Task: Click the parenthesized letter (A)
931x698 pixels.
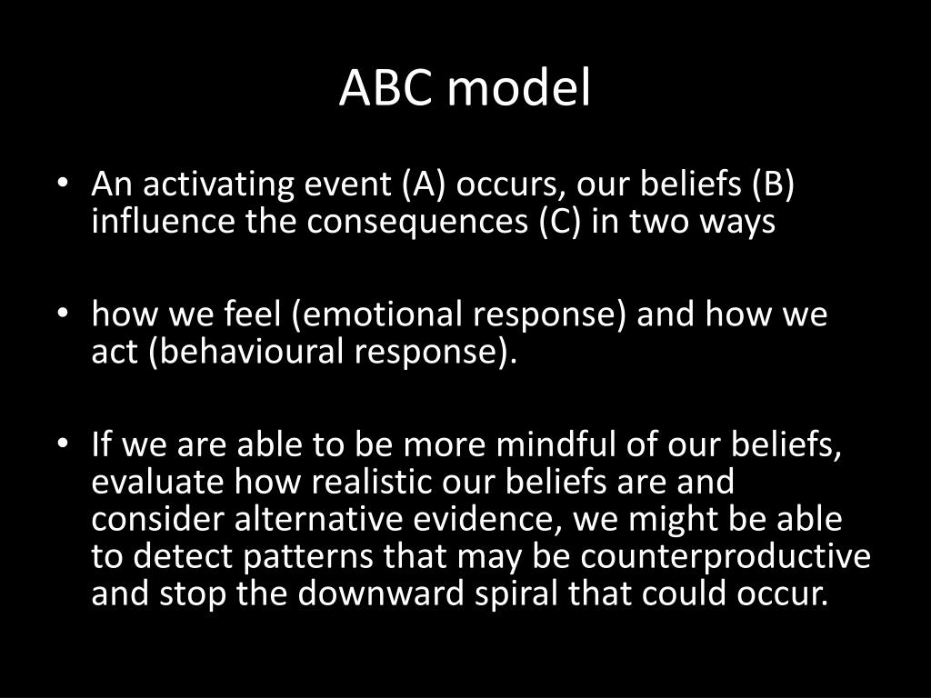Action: (424, 184)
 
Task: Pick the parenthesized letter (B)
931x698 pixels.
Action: (773, 184)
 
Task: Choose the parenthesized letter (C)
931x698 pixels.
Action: (560, 222)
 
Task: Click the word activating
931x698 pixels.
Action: (218, 184)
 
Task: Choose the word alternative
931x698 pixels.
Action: (318, 518)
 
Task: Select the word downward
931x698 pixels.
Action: (381, 593)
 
